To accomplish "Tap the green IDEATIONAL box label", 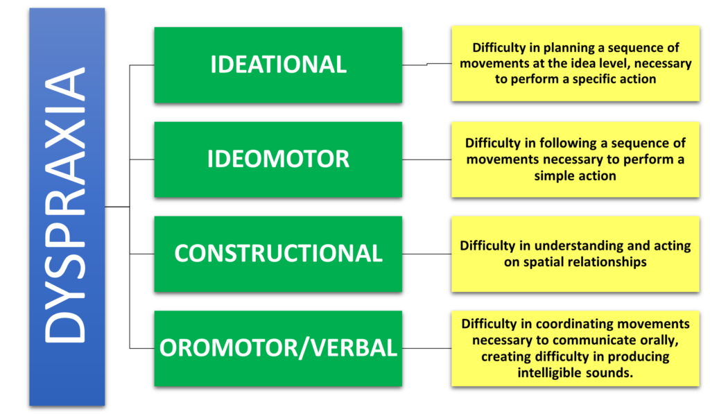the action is (279, 64).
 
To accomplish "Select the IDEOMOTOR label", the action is (279, 159).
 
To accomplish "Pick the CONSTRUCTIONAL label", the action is (279, 253).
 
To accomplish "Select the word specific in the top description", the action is (598, 79).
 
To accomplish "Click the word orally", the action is (661, 340).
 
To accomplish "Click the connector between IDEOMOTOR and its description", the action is (426, 159).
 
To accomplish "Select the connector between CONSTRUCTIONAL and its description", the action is (426, 254).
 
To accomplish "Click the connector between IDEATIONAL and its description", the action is (427, 64).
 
